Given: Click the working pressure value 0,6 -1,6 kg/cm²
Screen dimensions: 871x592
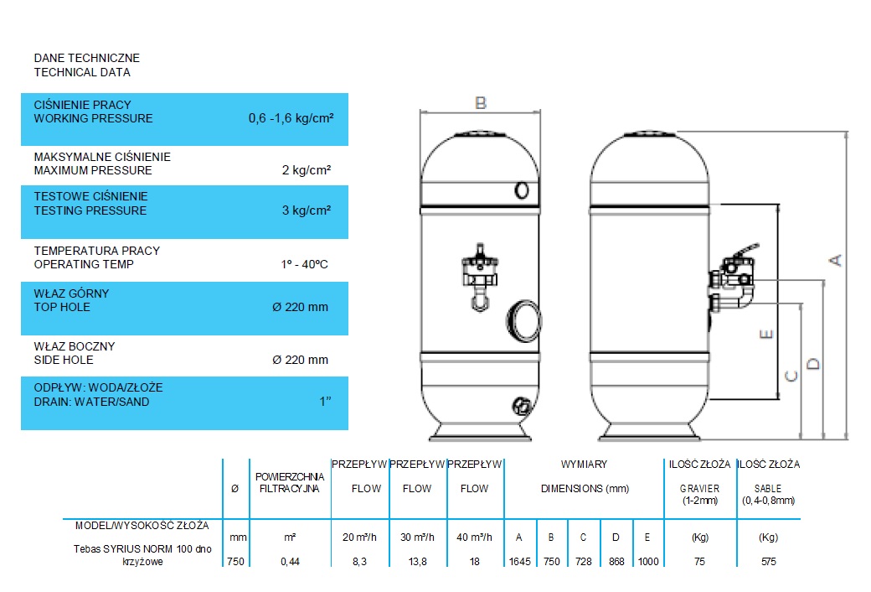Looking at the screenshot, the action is (x=291, y=118).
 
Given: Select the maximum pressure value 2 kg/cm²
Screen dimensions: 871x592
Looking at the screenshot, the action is (x=307, y=169).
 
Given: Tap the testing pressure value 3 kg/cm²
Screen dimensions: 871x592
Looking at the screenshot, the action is (x=307, y=210).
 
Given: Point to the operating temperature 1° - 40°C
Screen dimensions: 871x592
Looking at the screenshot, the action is (x=304, y=264).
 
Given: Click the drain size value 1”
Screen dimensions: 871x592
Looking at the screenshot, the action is (x=326, y=401).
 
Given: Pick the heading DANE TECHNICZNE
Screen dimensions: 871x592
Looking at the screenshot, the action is (x=86, y=58).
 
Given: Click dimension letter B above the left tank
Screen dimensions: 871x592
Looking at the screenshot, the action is (x=481, y=103).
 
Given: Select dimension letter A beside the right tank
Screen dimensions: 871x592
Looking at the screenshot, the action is (x=836, y=261).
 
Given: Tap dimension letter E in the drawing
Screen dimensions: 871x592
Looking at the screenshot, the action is (x=766, y=334).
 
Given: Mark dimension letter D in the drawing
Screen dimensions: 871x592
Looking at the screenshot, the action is (x=812, y=364).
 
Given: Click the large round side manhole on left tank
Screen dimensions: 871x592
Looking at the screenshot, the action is (x=523, y=320).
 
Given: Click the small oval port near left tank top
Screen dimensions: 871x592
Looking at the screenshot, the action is (x=522, y=191).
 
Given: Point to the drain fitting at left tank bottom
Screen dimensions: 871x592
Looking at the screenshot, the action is (x=522, y=406).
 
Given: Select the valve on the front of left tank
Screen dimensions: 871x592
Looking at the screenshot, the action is (x=480, y=277).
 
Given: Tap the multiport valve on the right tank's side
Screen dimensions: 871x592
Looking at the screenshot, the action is (x=732, y=277).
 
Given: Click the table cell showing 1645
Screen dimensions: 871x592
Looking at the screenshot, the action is (x=520, y=562).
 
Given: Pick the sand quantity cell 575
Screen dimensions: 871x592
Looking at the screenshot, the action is (x=769, y=562).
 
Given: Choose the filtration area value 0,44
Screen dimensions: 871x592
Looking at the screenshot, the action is (x=290, y=562).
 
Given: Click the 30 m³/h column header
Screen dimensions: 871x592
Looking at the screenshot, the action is (x=417, y=537).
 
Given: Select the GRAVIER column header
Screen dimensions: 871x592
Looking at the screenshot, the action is (x=699, y=489).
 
